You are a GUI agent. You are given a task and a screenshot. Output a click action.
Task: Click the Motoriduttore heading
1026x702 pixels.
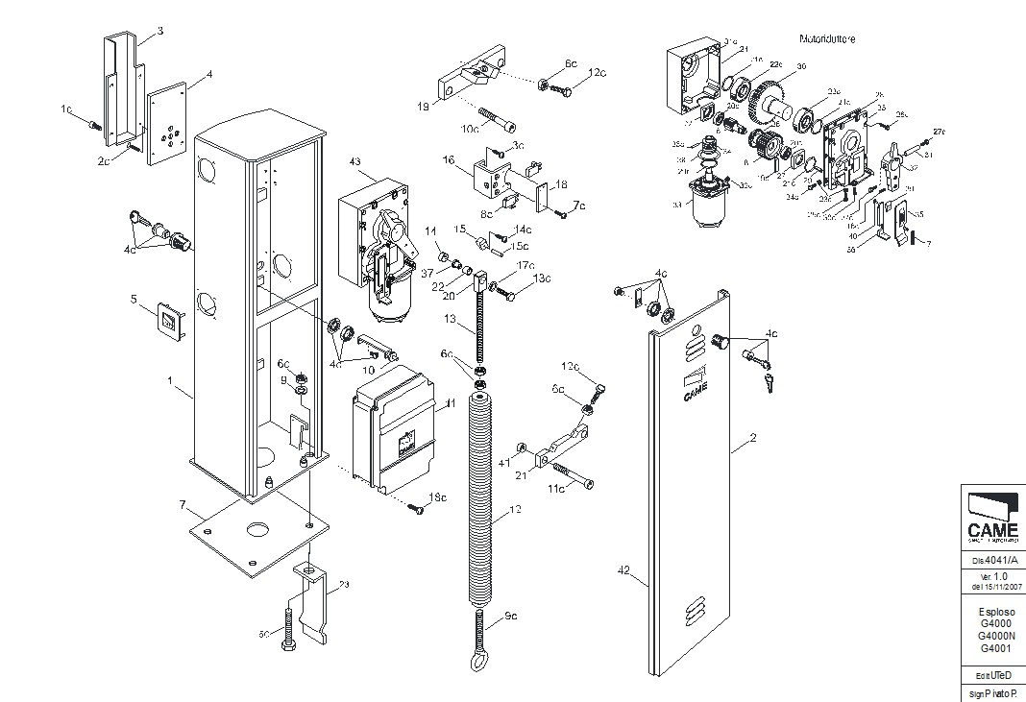point(827,39)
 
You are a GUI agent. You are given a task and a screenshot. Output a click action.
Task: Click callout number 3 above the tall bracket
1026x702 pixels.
point(160,31)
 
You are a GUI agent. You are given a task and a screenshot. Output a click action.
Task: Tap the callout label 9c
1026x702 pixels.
point(510,616)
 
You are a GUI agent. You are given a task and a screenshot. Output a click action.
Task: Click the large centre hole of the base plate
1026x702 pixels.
point(256,529)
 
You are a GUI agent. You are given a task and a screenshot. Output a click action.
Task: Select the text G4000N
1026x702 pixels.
point(996,635)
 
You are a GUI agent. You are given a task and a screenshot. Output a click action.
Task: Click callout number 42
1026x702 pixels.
point(623,570)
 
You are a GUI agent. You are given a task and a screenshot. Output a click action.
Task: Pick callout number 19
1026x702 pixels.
point(423,106)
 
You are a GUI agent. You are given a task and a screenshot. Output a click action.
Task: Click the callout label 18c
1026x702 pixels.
point(437,496)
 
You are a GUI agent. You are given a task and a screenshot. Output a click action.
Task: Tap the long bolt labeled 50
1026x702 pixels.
point(286,626)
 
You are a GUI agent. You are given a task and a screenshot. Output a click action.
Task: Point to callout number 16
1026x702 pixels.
point(448,161)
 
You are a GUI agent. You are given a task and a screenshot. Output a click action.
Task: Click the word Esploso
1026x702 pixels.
point(996,612)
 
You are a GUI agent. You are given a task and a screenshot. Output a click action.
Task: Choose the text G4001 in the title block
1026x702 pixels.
point(996,647)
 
